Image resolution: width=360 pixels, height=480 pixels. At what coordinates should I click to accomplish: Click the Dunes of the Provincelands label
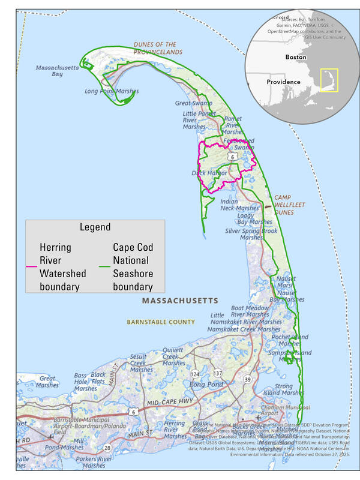pyautogui.click(x=154, y=49)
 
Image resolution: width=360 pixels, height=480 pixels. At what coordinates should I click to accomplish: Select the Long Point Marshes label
pyautogui.click(x=112, y=92)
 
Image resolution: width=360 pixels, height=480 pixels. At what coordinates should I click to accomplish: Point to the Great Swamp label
pyautogui.click(x=190, y=103)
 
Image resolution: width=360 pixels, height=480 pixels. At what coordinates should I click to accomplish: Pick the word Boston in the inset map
pyautogui.click(x=292, y=58)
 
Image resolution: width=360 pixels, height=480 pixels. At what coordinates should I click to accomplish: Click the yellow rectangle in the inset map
pyautogui.click(x=329, y=80)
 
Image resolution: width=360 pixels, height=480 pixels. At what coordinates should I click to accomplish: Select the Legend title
pyautogui.click(x=95, y=227)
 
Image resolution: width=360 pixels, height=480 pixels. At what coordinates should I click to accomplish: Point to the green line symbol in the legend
pyautogui.click(x=105, y=266)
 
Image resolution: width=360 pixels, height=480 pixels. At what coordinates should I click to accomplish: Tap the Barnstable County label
pyautogui.click(x=161, y=322)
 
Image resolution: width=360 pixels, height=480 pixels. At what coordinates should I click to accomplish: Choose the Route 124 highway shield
pyautogui.click(x=195, y=374)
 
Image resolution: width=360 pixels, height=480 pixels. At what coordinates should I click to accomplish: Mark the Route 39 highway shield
pyautogui.click(x=247, y=379)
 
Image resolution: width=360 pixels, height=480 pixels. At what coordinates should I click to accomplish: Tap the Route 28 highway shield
pyautogui.click(x=107, y=448)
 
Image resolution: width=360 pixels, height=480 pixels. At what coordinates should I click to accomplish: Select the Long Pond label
pyautogui.click(x=206, y=384)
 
